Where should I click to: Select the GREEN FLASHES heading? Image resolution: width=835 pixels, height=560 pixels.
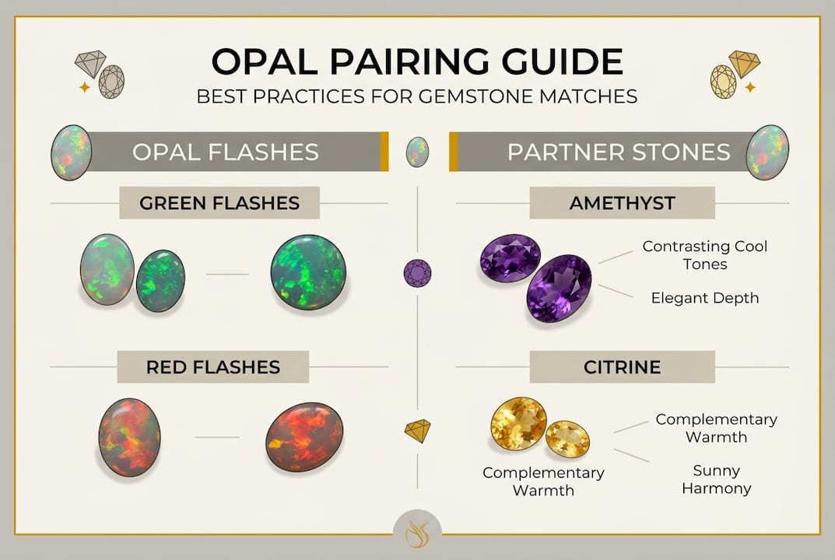(x=219, y=203)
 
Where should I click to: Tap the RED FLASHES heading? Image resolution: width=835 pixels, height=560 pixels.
(x=213, y=367)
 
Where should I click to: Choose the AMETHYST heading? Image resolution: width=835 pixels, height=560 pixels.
(x=622, y=203)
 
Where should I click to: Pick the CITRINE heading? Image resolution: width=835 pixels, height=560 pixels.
(x=622, y=367)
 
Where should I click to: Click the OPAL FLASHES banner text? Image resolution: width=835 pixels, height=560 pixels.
(x=226, y=152)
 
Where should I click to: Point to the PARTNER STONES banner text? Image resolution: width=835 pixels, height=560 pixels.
(x=619, y=152)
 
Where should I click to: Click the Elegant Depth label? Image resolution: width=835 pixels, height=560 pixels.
(x=705, y=297)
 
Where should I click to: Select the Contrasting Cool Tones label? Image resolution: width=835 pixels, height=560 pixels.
(x=705, y=255)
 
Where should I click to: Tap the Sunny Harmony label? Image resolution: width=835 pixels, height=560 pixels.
(x=716, y=479)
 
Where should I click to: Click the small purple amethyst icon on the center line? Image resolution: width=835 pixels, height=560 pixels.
(x=418, y=273)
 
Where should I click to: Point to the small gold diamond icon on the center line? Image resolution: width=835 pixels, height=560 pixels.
(x=418, y=431)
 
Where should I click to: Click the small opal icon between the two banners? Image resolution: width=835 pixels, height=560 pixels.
(x=418, y=152)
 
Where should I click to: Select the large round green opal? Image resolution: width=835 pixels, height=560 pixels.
(x=308, y=272)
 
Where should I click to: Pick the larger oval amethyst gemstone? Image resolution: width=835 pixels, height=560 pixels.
(x=559, y=288)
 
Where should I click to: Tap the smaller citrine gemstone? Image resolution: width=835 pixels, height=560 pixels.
(x=567, y=439)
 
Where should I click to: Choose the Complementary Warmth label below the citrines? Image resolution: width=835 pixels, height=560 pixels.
(x=543, y=481)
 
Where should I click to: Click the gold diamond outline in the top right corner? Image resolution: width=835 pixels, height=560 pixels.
(x=744, y=64)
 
